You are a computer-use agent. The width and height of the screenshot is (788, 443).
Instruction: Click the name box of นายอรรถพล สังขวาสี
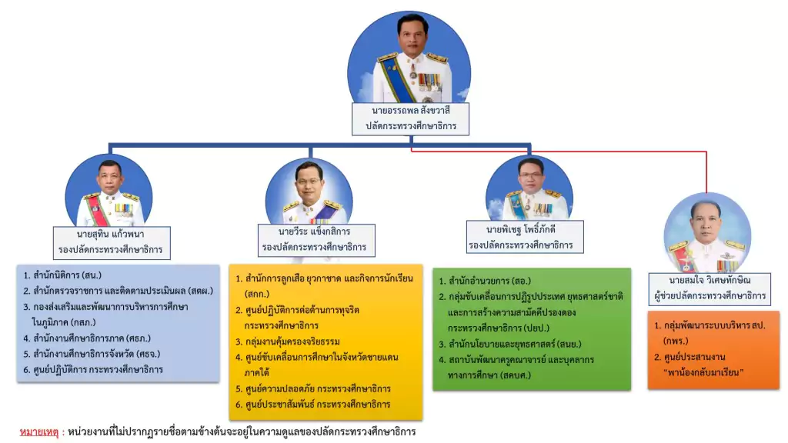[410, 119]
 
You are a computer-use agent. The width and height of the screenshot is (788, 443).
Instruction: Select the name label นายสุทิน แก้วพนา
[111, 234]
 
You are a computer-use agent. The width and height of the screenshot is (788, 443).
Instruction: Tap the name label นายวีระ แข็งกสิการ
[314, 231]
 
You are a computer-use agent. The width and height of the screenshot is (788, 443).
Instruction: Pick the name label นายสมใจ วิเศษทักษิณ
[710, 280]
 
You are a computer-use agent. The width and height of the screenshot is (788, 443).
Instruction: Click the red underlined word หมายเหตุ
[38, 431]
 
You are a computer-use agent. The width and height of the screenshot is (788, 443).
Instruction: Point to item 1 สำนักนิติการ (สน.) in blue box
[62, 275]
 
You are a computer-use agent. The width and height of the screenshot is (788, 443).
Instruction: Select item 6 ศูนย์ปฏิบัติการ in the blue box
[93, 370]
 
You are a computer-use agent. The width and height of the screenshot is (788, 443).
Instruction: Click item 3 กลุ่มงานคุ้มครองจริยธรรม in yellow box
[288, 341]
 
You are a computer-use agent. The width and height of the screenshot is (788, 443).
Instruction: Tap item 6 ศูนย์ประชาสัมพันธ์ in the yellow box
[312, 405]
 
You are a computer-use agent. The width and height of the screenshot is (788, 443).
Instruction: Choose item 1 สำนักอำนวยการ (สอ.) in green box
[485, 281]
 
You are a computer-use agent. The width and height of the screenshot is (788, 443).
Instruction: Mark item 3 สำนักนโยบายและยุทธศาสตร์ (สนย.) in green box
[509, 344]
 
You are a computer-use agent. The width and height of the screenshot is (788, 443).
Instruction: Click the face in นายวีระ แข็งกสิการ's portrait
[309, 182]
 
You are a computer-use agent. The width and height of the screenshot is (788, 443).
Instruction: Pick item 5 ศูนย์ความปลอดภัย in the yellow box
[312, 388]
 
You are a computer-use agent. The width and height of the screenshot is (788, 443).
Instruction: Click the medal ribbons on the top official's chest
[429, 80]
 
